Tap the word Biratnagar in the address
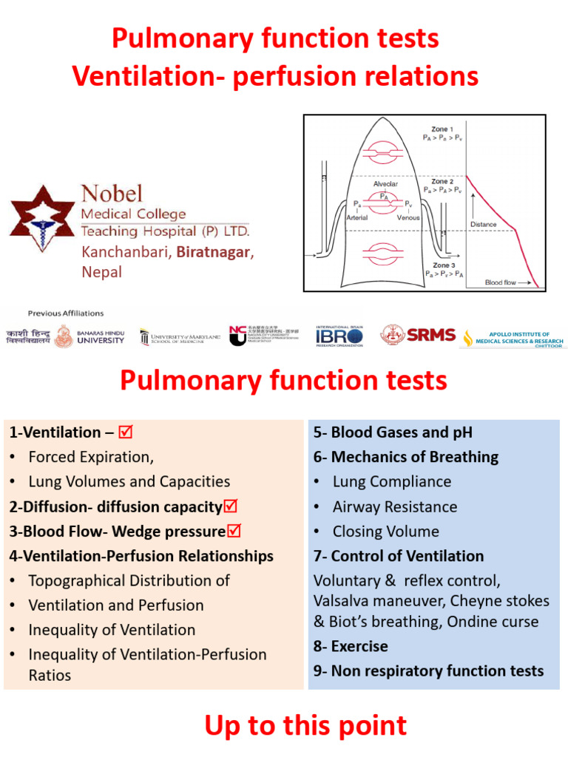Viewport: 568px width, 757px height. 215,252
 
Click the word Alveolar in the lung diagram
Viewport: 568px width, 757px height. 385,183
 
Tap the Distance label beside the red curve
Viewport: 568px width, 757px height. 483,224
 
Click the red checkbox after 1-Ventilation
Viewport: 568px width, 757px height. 125,432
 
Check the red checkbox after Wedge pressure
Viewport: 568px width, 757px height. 234,531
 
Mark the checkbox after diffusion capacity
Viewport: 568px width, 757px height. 230,506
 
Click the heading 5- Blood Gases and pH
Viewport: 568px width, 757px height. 393,432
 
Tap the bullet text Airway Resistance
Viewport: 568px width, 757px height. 394,507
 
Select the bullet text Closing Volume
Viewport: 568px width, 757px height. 385,532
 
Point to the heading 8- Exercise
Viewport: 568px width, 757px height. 351,646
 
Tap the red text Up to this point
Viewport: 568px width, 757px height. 305,726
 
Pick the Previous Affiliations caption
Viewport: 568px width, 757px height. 66,313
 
